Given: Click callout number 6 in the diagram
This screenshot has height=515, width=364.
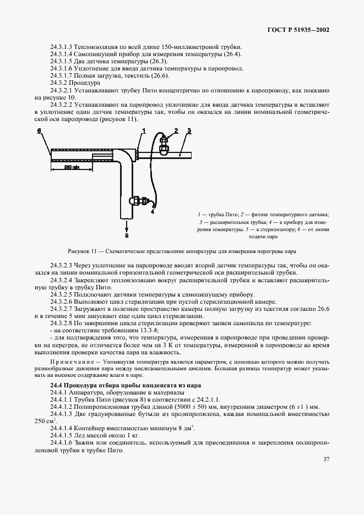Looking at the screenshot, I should tap(39, 131).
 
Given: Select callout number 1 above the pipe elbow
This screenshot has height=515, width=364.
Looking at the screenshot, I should tap(143, 131).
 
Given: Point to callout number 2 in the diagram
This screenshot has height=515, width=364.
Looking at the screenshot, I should tap(176, 130).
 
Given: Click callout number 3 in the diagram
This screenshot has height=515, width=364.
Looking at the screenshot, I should tap(189, 131).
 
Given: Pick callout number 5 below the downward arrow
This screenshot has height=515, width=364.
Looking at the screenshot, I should tap(126, 235).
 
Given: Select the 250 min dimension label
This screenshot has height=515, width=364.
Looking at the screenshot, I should tap(71, 167).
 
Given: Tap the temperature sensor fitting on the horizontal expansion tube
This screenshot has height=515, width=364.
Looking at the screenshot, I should tap(164, 146).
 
